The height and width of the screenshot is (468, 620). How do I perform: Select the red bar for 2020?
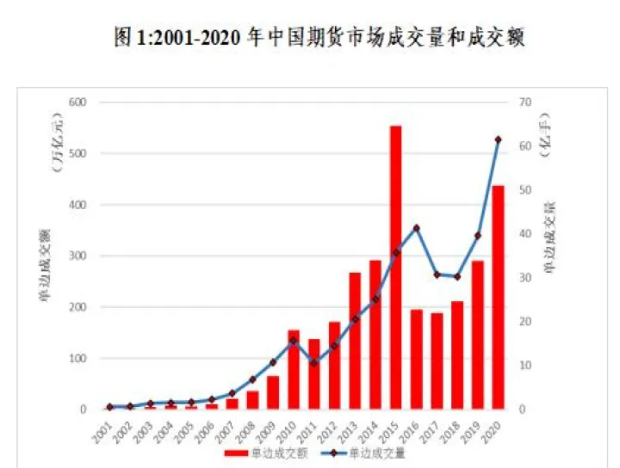[498, 298]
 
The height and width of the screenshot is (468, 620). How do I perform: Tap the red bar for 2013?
[355, 341]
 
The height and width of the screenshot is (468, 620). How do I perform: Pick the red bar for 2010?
[294, 370]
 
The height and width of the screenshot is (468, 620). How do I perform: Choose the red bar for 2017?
[437, 361]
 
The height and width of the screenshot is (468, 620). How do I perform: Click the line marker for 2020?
[498, 139]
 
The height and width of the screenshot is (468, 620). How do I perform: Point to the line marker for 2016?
[416, 228]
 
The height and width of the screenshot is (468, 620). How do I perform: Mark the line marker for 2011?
[314, 363]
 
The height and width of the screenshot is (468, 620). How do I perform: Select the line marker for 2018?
[457, 277]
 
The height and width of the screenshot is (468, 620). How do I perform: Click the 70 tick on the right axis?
[525, 102]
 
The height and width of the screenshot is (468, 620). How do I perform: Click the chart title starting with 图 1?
[319, 39]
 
